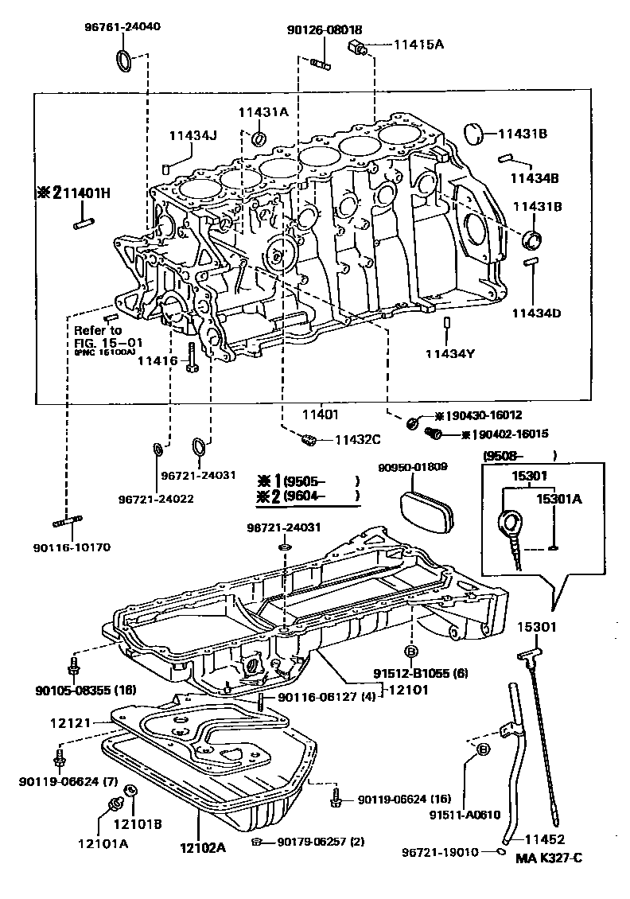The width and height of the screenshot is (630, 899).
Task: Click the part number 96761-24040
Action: click(x=122, y=26)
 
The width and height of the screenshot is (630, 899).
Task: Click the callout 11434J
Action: click(x=192, y=135)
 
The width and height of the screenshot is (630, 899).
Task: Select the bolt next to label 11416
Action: click(x=191, y=357)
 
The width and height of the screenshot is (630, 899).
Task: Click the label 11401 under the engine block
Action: click(x=320, y=414)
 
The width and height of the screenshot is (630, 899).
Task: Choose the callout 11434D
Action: click(x=535, y=313)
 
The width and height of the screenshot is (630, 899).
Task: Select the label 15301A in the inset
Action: click(x=558, y=499)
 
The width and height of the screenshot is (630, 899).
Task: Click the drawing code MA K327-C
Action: click(x=549, y=858)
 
